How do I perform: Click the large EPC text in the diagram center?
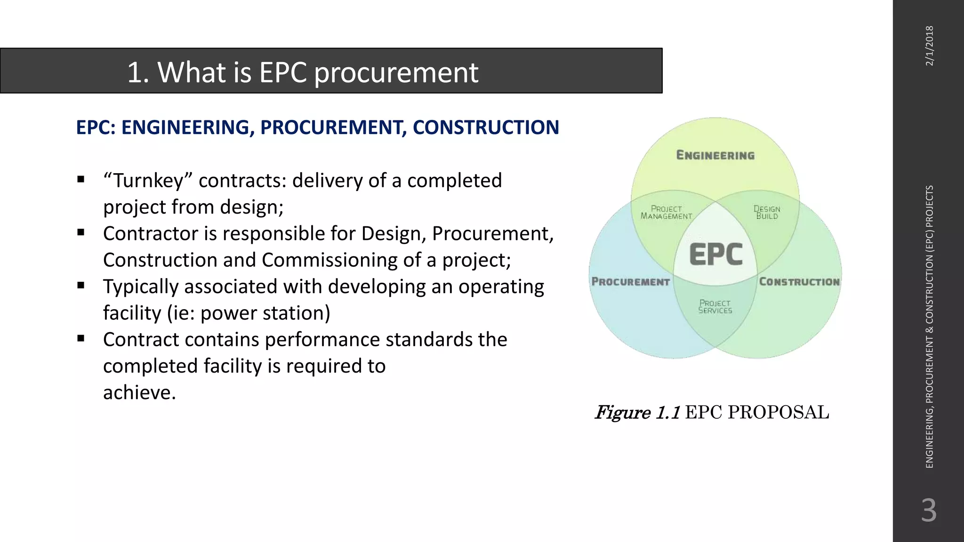[715, 255]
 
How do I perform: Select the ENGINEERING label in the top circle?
[715, 155]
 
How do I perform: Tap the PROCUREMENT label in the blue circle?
[630, 282]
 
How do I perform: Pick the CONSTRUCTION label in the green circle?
[799, 282]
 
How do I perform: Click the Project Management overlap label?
[666, 212]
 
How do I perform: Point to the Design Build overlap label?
[767, 212]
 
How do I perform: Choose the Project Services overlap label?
[715, 307]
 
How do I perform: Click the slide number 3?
[929, 510]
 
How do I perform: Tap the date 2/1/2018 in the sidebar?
[929, 46]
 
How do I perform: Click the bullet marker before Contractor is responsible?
[81, 232]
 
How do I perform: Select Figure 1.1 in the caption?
[637, 413]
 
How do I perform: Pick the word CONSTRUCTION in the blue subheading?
[486, 128]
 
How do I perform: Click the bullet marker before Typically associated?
[81, 285]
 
